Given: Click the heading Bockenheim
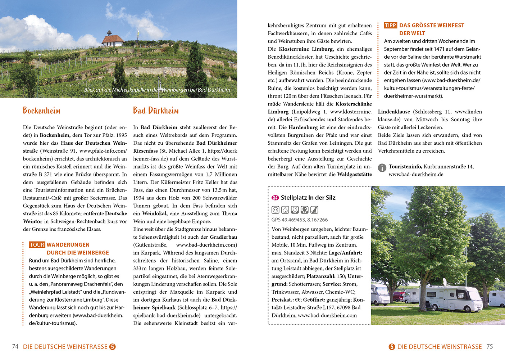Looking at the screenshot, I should coord(41,111).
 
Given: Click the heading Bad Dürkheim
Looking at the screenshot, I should coord(156,111).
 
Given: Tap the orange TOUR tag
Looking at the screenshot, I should coord(37,245).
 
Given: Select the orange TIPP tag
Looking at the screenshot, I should coord(390,25).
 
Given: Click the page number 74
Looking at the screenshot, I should coord(15,347).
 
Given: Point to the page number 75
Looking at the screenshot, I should coord(490,347).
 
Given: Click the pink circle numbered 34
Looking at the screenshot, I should coord(275,198).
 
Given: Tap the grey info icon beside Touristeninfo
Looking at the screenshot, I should coord(382,167).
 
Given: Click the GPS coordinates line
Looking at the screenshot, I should coord(300,220).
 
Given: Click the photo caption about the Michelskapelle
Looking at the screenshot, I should coord(157,90).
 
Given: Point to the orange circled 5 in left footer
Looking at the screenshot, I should coord(113,347).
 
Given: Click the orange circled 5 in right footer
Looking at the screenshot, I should coord(392,347).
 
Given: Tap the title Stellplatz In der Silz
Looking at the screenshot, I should coord(308,198).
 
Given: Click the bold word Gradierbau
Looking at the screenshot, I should coord(223,237).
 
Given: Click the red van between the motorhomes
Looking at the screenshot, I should coord(398,297).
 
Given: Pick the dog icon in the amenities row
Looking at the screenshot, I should coord(314,210).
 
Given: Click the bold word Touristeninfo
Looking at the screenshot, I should coord(405,166).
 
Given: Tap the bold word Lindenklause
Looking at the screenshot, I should coord(394,112).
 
